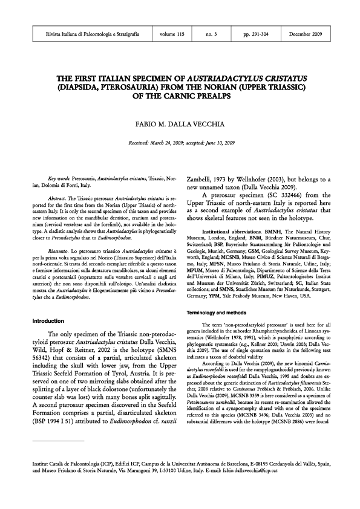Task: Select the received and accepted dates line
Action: pyautogui.click(x=180, y=143)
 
